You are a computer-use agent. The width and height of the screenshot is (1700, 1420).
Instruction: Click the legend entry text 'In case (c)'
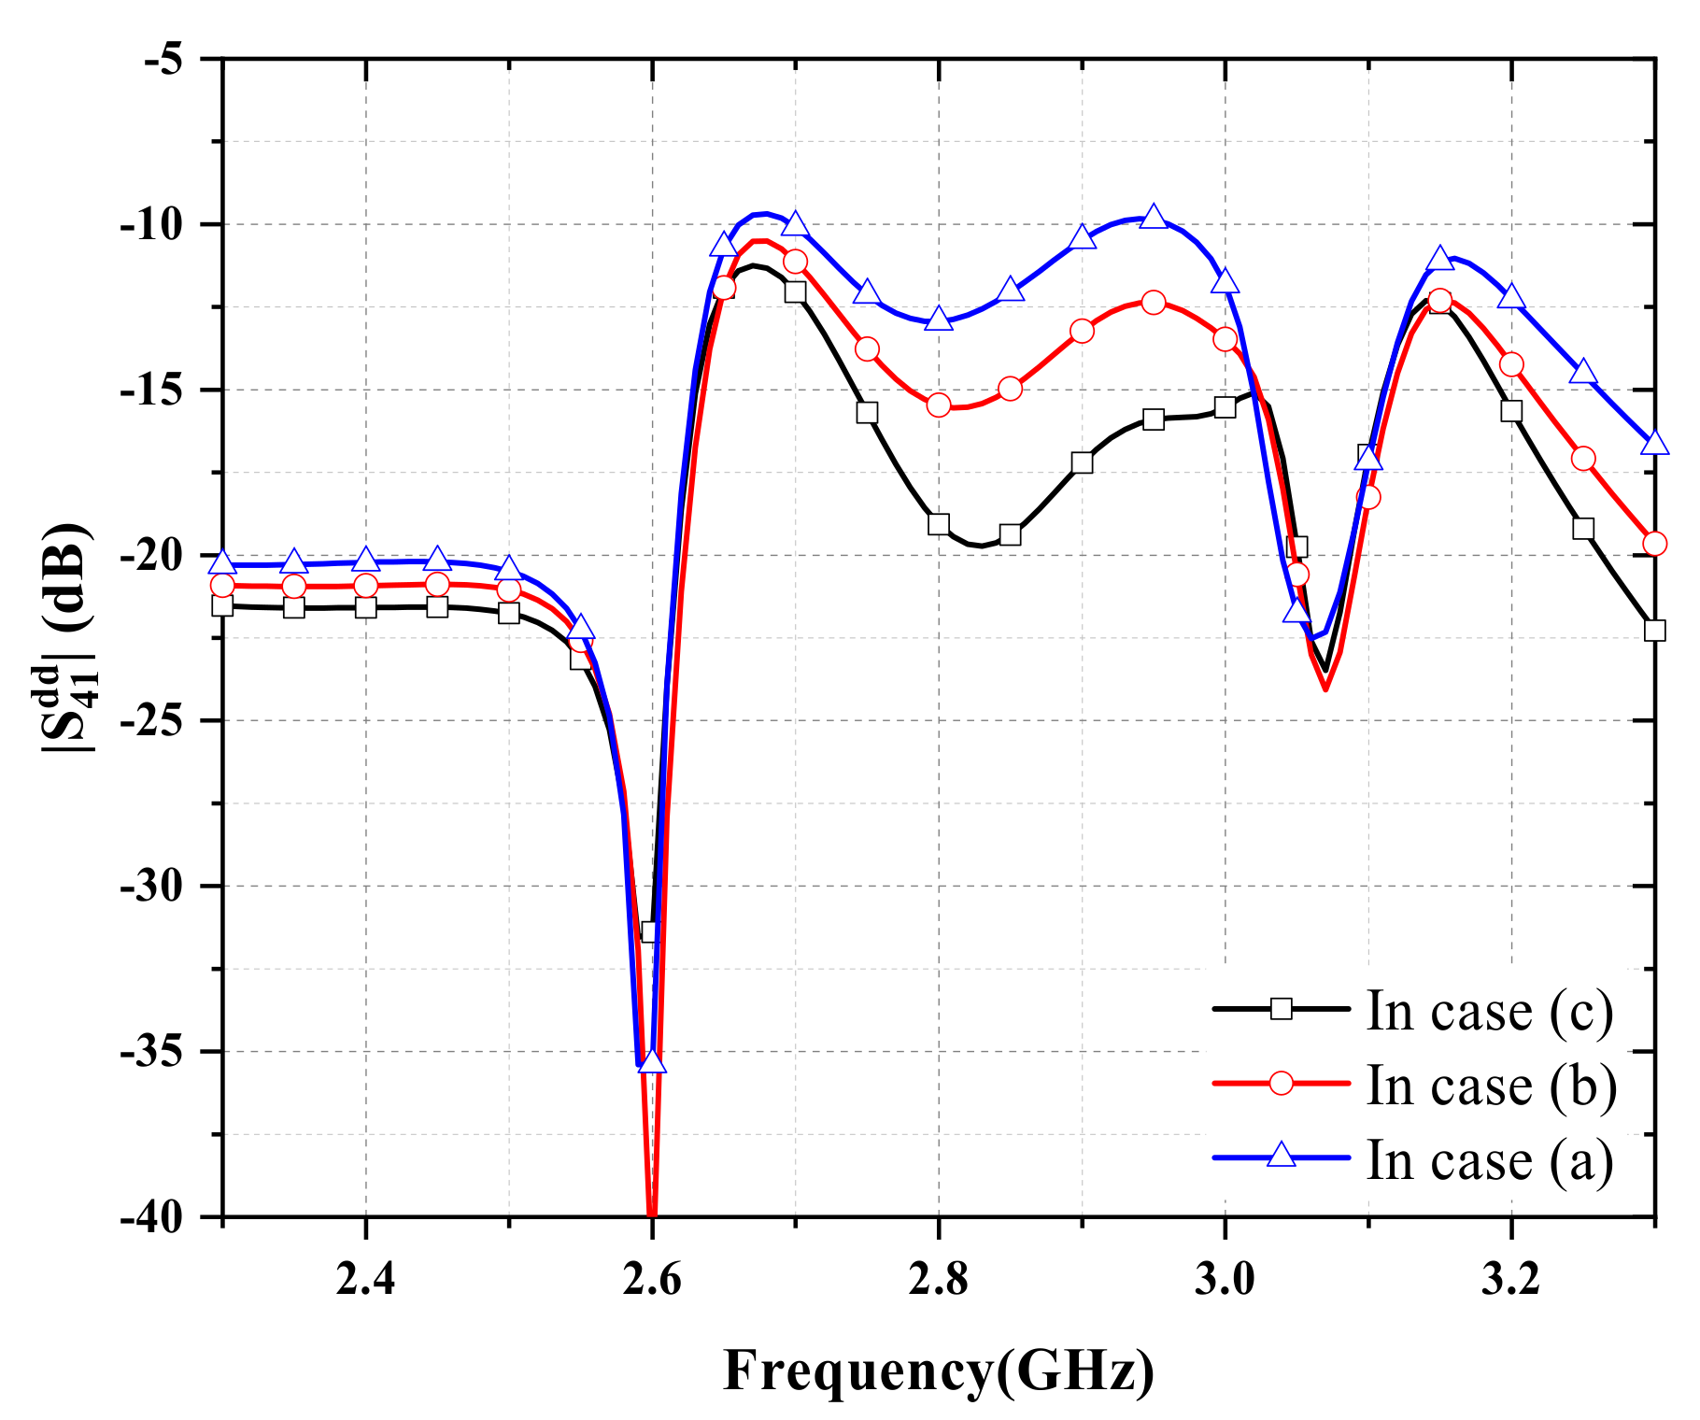[1490, 1010]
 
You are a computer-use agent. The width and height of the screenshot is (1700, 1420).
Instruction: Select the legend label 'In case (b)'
[1492, 1085]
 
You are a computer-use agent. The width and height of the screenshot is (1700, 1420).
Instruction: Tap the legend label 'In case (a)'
[1490, 1159]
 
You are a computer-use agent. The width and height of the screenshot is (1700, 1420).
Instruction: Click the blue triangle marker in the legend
[1282, 1156]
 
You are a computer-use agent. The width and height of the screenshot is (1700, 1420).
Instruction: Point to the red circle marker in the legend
[1282, 1083]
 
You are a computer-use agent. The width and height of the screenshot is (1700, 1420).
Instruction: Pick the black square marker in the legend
[1282, 1008]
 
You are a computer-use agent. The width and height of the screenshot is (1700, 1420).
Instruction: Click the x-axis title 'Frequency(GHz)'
[939, 1371]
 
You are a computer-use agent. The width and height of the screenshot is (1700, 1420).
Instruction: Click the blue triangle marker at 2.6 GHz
[652, 1062]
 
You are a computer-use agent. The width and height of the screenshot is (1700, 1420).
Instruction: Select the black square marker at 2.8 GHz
[939, 524]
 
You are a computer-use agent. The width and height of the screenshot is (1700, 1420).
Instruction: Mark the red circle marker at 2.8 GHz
[939, 405]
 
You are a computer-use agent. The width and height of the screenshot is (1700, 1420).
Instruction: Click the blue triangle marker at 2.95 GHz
[1154, 218]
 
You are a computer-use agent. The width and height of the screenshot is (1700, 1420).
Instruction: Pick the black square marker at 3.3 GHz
[1654, 631]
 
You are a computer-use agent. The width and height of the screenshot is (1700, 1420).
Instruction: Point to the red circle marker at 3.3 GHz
[1654, 544]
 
